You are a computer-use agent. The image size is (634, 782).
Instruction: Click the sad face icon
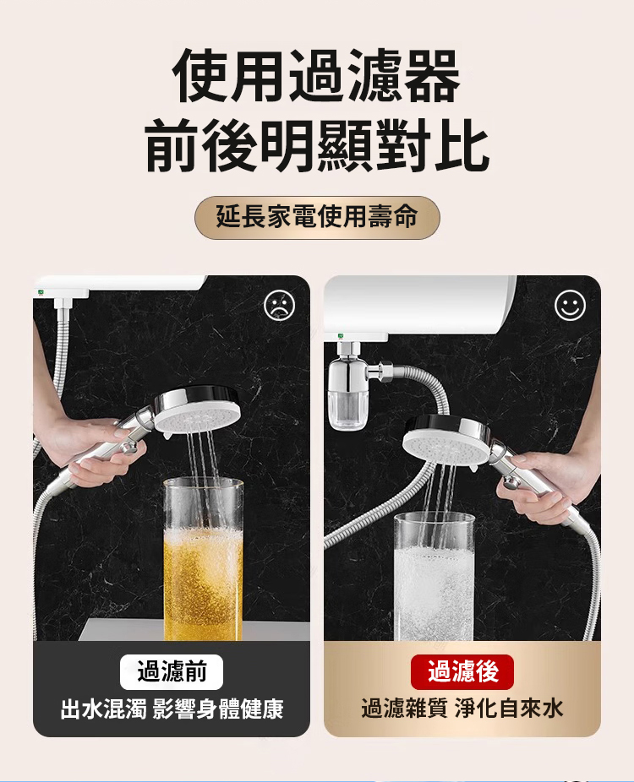click(280, 305)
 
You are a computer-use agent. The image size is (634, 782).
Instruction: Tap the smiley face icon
click(570, 305)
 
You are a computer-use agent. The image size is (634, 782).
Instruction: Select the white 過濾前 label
click(172, 671)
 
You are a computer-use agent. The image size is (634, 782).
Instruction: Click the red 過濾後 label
click(462, 671)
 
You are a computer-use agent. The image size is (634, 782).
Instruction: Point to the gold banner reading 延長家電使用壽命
click(317, 217)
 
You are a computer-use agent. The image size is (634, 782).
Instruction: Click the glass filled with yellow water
click(203, 558)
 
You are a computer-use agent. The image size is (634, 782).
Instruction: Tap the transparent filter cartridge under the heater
click(349, 410)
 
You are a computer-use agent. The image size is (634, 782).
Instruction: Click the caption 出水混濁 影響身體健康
click(172, 709)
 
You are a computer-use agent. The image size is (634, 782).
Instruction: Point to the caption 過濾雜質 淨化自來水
click(462, 709)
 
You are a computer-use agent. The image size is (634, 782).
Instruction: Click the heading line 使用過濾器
click(316, 76)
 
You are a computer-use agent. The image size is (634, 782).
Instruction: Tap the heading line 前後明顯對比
click(317, 145)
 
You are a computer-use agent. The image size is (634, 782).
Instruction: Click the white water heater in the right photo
click(419, 305)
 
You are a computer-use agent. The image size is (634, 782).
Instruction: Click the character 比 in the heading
click(461, 145)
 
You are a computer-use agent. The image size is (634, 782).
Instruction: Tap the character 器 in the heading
click(432, 76)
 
